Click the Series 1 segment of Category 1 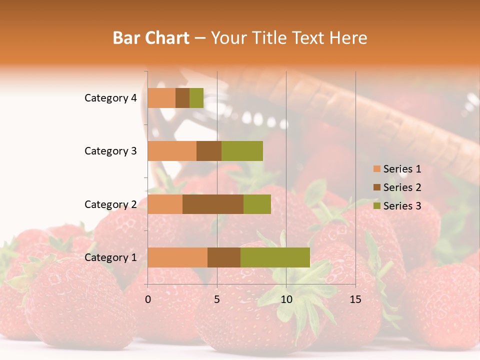pos(177,257)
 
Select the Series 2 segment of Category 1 pos(224,257)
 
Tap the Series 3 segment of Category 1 pos(275,257)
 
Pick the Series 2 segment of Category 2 pos(213,204)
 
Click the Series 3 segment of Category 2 pos(257,204)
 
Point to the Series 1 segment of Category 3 pos(172,151)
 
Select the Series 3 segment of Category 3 pos(242,151)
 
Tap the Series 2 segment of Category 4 pos(182,98)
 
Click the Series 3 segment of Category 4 pos(196,98)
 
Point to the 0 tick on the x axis pos(148,299)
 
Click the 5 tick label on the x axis pos(217,299)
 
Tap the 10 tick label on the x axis pos(286,299)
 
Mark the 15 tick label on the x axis pos(355,299)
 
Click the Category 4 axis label pos(110,98)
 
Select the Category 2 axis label pos(110,204)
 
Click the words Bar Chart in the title pos(151,38)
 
